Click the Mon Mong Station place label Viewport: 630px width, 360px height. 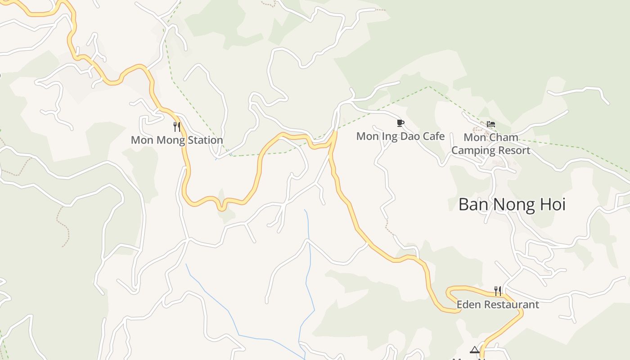tap(177, 140)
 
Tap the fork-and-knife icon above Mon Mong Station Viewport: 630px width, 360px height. tap(177, 127)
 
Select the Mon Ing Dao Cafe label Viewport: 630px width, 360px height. tap(400, 136)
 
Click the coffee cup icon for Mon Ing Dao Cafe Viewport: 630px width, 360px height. tap(400, 123)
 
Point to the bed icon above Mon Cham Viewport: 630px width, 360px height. tap(491, 124)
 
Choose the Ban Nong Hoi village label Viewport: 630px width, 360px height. tap(512, 204)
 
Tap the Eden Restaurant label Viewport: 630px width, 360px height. tap(498, 305)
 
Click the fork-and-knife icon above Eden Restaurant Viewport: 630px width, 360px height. tap(498, 291)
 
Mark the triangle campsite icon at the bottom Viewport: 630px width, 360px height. tap(475, 350)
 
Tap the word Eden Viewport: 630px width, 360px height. tap(468, 305)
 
